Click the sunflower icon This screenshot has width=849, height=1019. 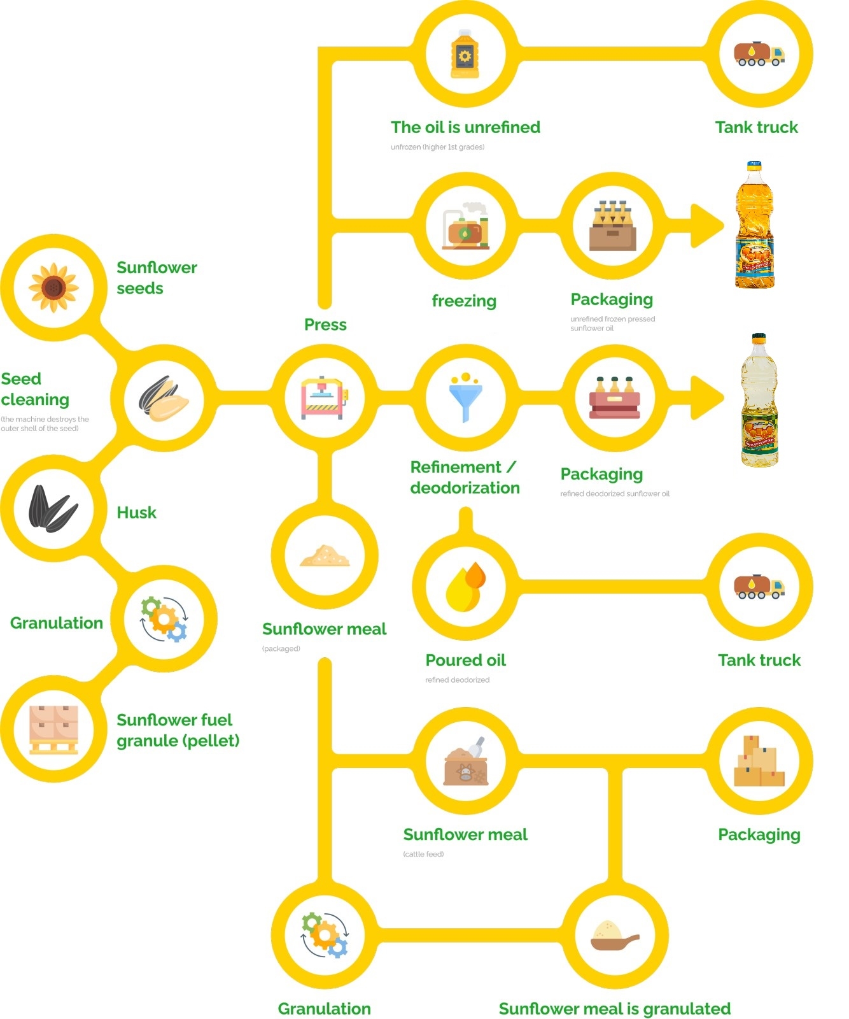click(53, 287)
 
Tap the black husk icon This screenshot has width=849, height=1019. click(53, 509)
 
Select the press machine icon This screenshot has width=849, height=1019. click(325, 397)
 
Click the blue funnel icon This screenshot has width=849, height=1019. click(465, 397)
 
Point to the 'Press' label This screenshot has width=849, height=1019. click(325, 325)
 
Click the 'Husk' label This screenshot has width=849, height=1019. click(136, 513)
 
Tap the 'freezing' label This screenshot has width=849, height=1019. click(464, 301)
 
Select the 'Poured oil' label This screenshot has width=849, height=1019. click(465, 660)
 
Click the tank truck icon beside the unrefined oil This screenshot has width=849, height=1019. click(759, 54)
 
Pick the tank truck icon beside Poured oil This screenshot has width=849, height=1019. click(759, 587)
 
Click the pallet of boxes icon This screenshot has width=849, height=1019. click(53, 729)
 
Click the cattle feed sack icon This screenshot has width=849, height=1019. click(466, 762)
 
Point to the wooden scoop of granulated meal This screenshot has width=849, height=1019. click(614, 936)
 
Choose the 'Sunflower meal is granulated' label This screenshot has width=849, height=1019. click(614, 1009)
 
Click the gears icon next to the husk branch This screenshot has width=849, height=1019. click(164, 619)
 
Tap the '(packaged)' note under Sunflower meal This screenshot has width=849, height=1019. click(281, 648)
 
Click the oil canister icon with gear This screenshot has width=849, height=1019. click(465, 55)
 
